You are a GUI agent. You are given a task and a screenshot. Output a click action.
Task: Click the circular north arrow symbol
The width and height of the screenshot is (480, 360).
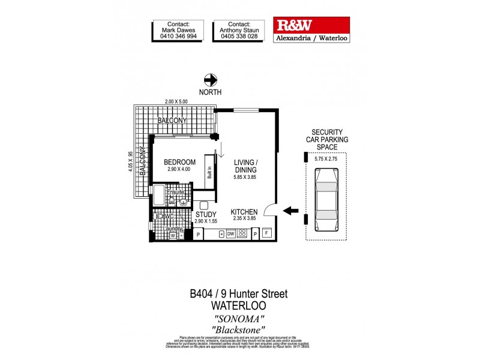point(211,79)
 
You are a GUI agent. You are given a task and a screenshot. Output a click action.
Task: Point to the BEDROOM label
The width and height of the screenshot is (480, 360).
point(180,162)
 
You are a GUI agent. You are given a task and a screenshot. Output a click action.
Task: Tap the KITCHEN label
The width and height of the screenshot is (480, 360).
point(244,212)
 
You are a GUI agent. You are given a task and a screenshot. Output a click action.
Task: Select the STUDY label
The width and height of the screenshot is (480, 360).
point(206,214)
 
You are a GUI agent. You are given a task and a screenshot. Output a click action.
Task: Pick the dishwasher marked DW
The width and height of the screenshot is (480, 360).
point(230,234)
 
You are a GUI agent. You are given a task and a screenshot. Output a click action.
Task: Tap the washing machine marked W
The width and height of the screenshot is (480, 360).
point(172,236)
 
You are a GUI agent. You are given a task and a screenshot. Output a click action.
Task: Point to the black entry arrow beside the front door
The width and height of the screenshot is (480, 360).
point(291,211)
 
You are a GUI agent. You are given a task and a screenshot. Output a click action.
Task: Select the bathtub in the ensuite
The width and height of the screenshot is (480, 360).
point(158,197)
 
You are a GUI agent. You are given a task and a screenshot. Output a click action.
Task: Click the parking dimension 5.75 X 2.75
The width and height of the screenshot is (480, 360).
point(326,159)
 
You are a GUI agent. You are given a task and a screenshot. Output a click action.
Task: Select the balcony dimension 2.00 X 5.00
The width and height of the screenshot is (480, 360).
point(173,101)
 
